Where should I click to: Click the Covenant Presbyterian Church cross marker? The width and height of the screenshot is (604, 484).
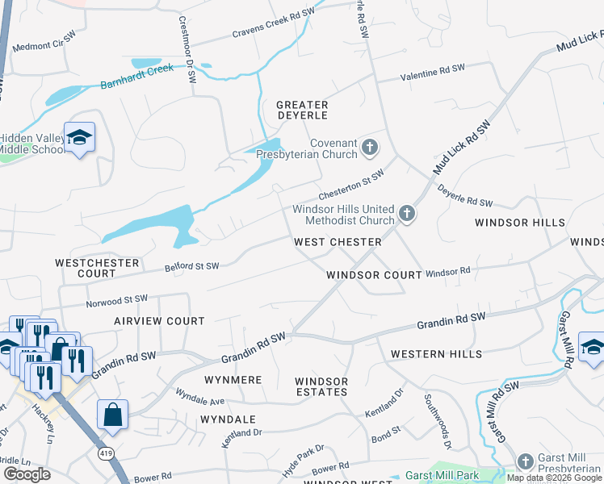tap(370, 147)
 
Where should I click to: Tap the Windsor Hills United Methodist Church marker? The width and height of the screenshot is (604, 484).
tap(407, 215)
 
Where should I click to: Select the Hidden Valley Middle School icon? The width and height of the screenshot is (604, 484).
tap(80, 139)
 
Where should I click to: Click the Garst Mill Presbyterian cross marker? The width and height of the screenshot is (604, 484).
tap(526, 460)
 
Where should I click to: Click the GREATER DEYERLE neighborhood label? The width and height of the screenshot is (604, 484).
tap(302, 111)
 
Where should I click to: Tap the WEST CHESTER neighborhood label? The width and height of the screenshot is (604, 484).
tap(338, 242)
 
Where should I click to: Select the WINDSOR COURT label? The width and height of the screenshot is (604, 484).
tap(374, 275)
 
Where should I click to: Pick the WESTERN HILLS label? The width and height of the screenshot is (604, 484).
tap(436, 354)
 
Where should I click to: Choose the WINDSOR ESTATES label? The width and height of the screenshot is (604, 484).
tap(321, 386)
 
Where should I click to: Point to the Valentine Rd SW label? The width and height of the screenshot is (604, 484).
tap(434, 73)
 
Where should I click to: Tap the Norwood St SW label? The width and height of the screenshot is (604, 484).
tap(116, 300)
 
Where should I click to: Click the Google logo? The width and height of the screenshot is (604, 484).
tap(27, 474)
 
